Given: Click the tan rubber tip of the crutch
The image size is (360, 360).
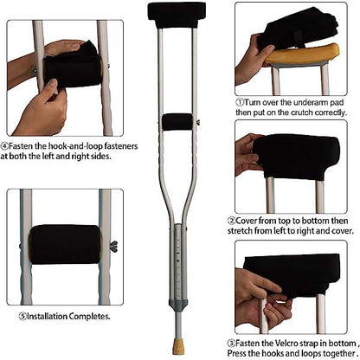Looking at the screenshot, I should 180,331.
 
